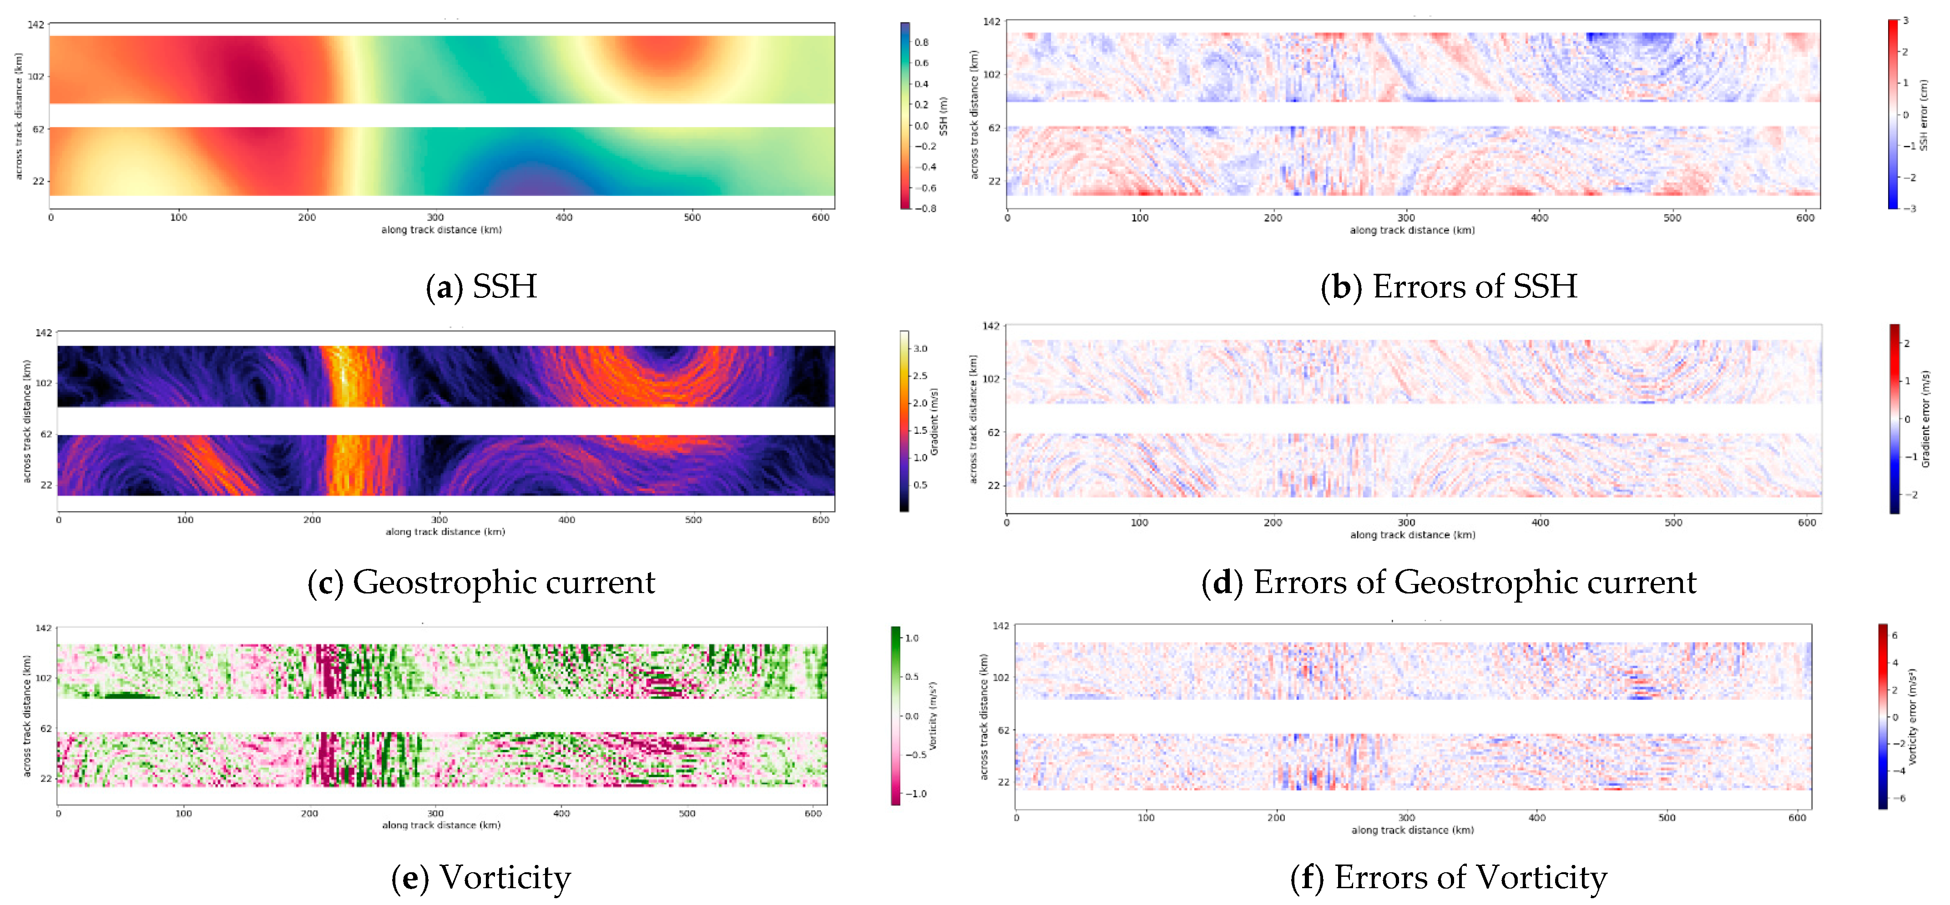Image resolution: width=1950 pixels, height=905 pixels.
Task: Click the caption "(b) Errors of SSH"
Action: [x=1448, y=287]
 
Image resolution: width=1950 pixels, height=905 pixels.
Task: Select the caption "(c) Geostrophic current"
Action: [x=481, y=583]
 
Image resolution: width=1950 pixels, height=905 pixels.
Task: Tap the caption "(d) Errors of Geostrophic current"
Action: [x=1448, y=583]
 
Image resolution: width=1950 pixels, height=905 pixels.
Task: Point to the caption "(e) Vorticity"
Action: [x=481, y=878]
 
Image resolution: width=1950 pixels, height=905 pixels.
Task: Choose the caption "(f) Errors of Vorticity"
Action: [x=1448, y=878]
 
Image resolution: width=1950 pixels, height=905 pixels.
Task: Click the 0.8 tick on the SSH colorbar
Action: [x=921, y=42]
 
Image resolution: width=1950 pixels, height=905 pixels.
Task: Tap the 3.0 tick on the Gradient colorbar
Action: [x=920, y=349]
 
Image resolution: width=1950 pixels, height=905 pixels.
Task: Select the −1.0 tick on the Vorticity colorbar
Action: [x=916, y=794]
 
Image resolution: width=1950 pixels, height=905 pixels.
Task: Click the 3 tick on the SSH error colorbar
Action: [x=1905, y=21]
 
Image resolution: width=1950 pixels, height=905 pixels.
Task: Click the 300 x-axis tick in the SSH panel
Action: [x=435, y=218]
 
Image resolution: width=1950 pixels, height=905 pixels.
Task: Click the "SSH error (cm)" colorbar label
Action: [x=1924, y=115]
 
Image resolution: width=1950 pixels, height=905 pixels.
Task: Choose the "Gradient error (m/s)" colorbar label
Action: [x=1926, y=418]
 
